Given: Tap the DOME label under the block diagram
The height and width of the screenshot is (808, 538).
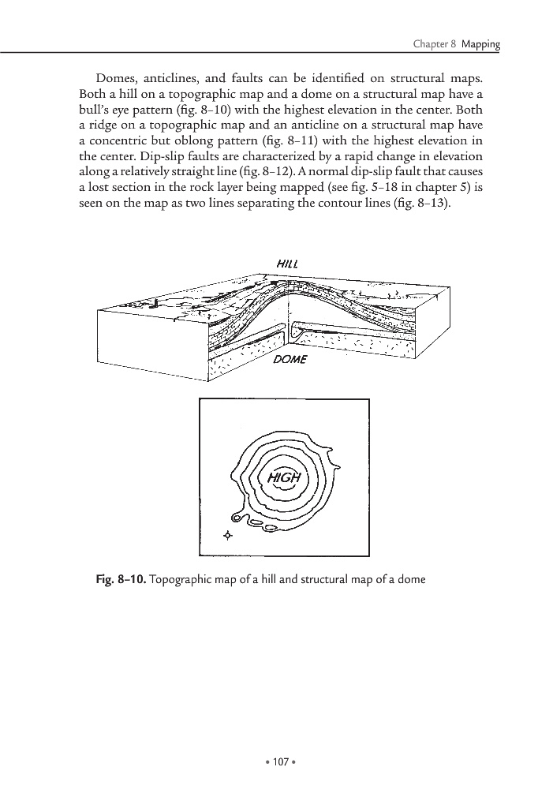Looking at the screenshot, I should pos(288,360).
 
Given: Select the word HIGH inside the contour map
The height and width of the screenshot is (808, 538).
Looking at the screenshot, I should pos(284,478).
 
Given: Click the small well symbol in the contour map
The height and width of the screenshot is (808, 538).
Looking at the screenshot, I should pos(229,536).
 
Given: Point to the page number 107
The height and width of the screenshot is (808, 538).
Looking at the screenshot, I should pos(269,762).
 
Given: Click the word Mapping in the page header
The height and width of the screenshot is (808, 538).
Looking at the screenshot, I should pos(480,44).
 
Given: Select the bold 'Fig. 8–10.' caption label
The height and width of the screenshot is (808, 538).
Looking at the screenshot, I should pos(119,581).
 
